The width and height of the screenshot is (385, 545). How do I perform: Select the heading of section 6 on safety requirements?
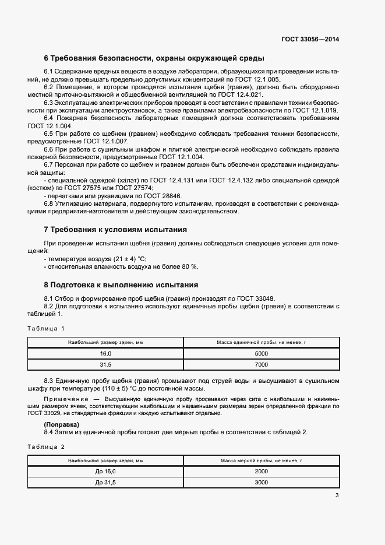tap(154, 58)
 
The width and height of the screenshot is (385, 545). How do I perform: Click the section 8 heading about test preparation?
tap(121, 285)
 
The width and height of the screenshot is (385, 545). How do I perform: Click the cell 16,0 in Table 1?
tap(105, 353)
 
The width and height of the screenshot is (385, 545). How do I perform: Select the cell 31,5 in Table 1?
tap(105, 365)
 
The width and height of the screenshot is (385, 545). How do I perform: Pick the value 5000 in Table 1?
tap(262, 353)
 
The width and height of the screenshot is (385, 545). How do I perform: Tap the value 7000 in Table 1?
tap(262, 365)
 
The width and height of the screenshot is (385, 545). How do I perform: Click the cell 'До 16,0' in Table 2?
tap(105, 471)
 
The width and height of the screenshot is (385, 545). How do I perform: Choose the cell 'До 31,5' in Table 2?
tap(105, 483)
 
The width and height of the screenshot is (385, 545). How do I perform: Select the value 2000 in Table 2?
tap(262, 471)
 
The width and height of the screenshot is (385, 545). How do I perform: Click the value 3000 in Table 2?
tap(262, 483)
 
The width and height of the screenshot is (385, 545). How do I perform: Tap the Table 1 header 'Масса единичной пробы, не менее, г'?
tap(262, 343)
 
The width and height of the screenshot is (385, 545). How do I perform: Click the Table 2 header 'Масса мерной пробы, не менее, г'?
tap(262, 460)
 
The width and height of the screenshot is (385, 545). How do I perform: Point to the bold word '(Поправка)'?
tap(62, 424)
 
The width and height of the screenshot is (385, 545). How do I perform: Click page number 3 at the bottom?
tap(337, 496)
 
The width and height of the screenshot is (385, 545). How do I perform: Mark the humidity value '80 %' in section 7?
tap(190, 266)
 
